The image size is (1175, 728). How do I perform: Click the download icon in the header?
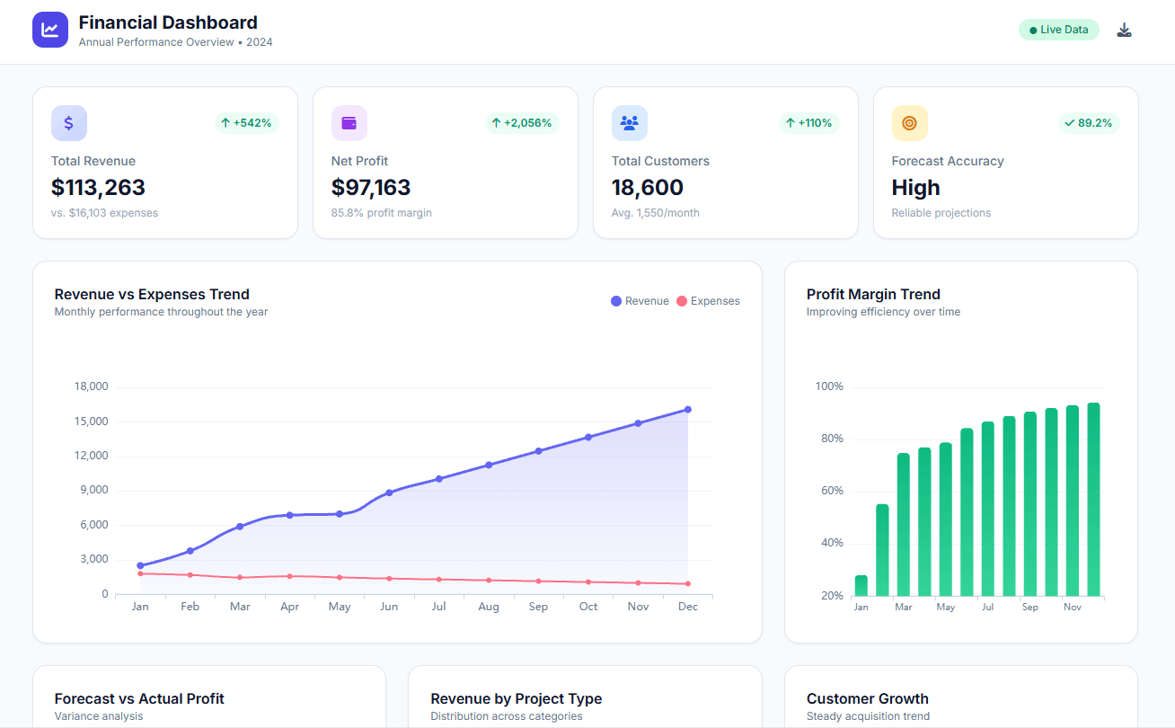1124,30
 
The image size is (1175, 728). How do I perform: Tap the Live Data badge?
1058,30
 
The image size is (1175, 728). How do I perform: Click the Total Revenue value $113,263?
98,187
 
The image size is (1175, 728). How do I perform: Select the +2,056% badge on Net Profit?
522,122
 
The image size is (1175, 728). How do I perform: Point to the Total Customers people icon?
629,123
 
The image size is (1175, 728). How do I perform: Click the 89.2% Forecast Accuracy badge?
1088,122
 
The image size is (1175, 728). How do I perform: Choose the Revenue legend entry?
640,301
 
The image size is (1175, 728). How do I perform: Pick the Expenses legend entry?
708,301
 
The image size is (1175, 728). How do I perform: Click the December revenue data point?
688,409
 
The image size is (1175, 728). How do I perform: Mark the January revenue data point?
140,565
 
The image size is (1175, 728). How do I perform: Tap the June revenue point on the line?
389,493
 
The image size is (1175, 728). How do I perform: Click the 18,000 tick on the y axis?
91,386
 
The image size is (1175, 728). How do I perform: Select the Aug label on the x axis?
489,607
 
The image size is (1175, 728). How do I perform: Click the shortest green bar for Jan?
861,585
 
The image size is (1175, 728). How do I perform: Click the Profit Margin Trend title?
873,294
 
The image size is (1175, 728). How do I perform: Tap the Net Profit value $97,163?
371,187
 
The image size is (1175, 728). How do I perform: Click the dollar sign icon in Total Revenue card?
69,123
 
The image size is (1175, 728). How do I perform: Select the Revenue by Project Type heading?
516,698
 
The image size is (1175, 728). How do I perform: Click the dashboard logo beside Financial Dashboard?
50,30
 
